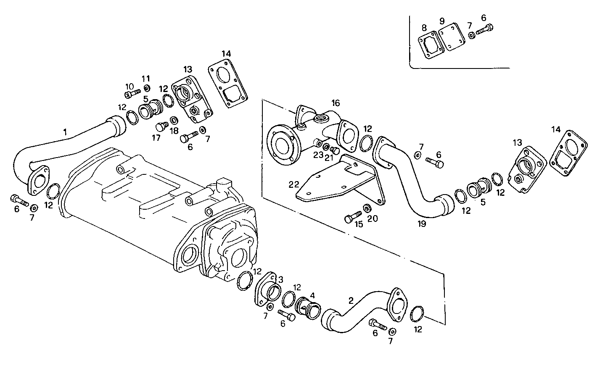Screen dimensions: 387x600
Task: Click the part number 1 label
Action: [65, 132]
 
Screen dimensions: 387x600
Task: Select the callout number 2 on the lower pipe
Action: [351, 300]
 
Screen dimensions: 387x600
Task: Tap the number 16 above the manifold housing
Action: [335, 103]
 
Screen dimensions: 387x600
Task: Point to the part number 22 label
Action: [293, 184]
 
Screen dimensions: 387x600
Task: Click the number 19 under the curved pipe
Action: [422, 224]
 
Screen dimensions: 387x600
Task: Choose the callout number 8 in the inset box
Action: [424, 28]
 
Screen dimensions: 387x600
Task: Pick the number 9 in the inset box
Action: [442, 21]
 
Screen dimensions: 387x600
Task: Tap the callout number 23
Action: [318, 155]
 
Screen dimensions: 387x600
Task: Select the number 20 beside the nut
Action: [373, 219]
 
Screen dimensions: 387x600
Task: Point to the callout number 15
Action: [359, 224]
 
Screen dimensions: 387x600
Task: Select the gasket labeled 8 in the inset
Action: [431, 45]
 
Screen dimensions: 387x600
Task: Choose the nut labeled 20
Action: [367, 208]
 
